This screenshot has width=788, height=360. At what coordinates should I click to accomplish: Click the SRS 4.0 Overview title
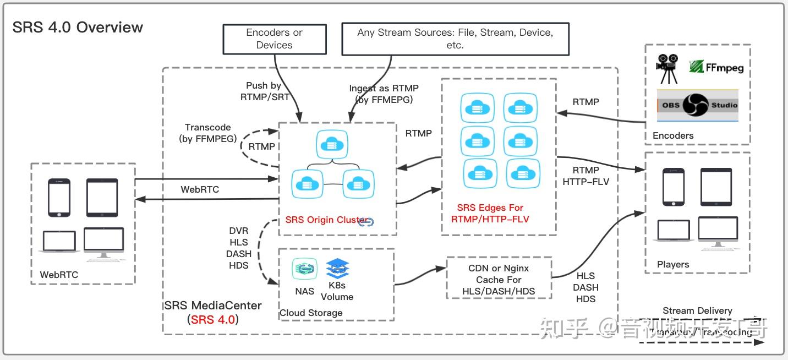click(x=78, y=28)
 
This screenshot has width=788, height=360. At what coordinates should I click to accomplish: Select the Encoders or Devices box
click(x=274, y=39)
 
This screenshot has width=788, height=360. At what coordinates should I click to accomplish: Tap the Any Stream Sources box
click(x=455, y=39)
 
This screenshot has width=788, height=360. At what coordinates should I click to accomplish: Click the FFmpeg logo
click(x=716, y=67)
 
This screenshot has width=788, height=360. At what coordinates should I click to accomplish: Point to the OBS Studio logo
click(x=698, y=105)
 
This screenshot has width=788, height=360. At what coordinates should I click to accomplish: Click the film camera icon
click(x=667, y=68)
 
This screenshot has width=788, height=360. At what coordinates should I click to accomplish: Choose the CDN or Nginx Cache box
click(x=499, y=280)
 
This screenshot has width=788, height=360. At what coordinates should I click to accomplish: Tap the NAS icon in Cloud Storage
click(x=304, y=269)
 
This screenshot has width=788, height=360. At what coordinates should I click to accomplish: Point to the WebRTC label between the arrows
click(x=200, y=189)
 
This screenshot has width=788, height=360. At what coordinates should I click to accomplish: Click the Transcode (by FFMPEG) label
click(x=207, y=133)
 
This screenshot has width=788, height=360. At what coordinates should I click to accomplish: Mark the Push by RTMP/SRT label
click(x=265, y=91)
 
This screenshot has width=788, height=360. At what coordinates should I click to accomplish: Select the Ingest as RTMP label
click(x=384, y=94)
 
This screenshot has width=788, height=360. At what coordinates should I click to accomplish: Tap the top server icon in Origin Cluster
click(x=331, y=145)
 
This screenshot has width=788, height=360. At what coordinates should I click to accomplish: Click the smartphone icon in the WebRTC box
click(x=59, y=197)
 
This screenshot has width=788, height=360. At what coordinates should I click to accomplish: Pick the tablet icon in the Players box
click(x=715, y=187)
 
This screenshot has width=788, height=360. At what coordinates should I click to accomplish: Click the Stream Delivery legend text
click(x=697, y=311)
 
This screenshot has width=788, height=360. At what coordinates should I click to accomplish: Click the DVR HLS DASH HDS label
click(x=239, y=248)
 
